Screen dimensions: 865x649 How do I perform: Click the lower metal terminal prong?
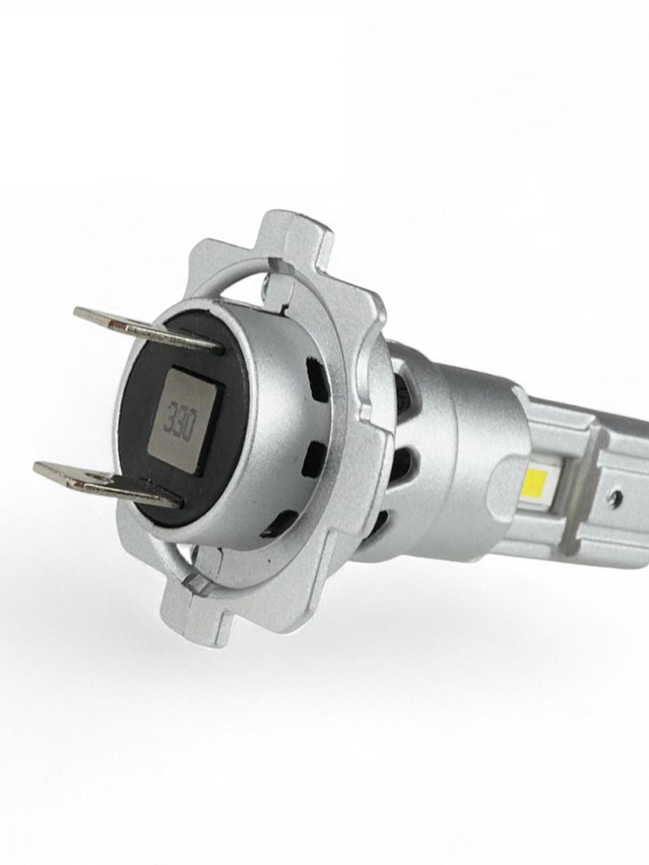(x=102, y=481)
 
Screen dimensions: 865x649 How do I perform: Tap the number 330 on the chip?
(x=179, y=419)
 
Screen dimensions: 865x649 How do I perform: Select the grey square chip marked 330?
(x=183, y=420)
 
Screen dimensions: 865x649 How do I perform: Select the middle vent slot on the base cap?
(x=314, y=459)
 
